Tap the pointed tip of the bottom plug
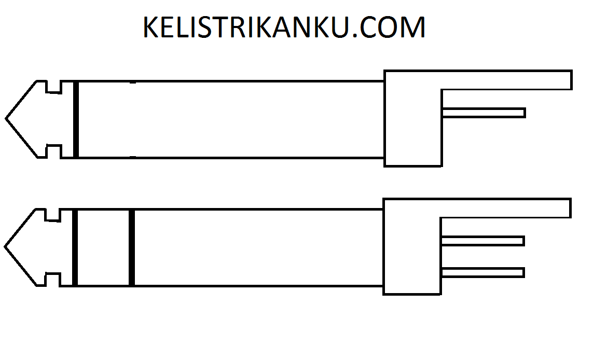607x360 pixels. [x=6, y=247]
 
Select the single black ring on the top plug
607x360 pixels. [x=76, y=119]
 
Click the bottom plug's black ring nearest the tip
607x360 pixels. [x=75, y=247]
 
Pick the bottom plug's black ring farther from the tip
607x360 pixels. [x=132, y=247]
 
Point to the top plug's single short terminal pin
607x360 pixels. [x=484, y=113]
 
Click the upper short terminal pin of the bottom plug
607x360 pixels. [x=482, y=241]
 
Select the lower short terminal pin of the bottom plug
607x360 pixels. [x=482, y=272]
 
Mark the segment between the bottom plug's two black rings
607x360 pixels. [x=103, y=247]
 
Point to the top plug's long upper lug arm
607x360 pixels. [x=506, y=80]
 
